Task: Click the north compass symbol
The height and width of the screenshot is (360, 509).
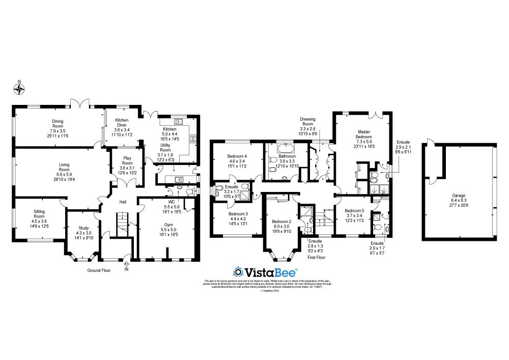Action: tap(19, 90)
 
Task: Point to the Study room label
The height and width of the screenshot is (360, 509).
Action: tap(84, 231)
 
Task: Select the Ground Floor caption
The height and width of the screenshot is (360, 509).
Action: tap(99, 270)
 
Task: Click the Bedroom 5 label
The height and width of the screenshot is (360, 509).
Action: tap(354, 215)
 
